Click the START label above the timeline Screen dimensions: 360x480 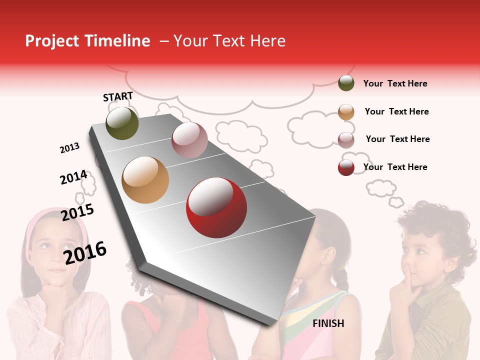(118, 96)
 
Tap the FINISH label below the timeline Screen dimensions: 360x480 (328, 323)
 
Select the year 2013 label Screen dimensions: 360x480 (69, 148)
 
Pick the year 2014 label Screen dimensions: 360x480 (73, 177)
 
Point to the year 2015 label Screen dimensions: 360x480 (77, 212)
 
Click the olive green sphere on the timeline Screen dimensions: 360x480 (122, 123)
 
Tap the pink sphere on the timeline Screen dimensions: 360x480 (189, 140)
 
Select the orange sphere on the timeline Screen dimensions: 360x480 (145, 180)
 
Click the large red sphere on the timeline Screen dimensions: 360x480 (216, 207)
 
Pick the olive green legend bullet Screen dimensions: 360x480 (346, 83)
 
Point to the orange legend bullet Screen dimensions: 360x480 (346, 112)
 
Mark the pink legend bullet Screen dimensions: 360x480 (346, 140)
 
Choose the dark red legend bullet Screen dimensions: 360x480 (346, 167)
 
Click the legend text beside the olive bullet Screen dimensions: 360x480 (395, 83)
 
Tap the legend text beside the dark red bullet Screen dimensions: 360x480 (395, 167)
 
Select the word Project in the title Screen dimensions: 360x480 (52, 41)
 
